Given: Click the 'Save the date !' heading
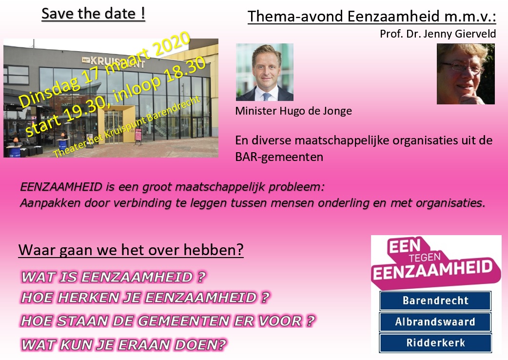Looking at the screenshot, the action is [x=93, y=14].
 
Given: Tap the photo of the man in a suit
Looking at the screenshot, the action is [x=265, y=72].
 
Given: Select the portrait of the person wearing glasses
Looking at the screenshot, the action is [x=466, y=74].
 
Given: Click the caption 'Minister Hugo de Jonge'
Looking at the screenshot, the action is [x=293, y=111].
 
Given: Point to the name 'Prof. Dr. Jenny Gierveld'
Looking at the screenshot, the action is [x=438, y=34].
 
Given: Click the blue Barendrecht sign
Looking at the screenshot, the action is [x=435, y=300].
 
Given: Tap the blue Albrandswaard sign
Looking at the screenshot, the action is [x=435, y=322].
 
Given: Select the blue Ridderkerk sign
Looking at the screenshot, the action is [x=435, y=343].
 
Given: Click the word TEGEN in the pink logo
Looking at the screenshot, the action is [x=425, y=258].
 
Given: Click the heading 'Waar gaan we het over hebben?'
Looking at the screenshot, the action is [x=131, y=249].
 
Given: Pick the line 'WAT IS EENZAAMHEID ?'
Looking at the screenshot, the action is [x=114, y=277].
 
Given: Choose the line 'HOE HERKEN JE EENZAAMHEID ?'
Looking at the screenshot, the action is [x=145, y=298].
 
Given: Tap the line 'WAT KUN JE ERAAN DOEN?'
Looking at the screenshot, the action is [x=123, y=344].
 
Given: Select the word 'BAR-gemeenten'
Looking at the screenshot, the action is [x=279, y=157].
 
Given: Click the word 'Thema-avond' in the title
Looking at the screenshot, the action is [x=295, y=17].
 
